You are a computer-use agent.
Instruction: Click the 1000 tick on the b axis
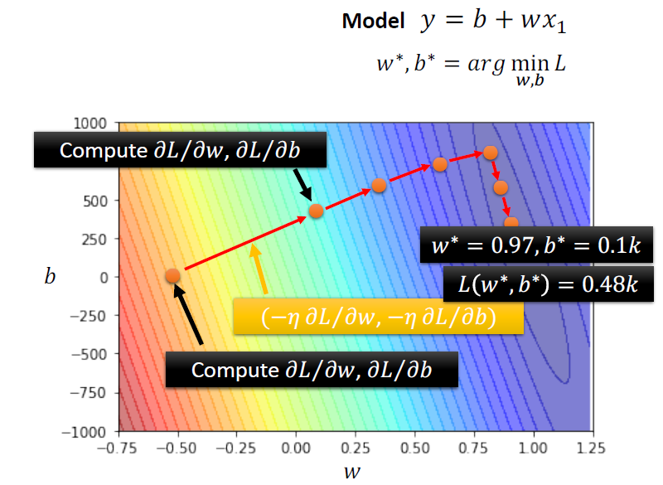tap(97, 123)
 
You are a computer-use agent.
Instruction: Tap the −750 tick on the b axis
tap(94, 392)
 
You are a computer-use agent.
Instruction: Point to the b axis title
tap(50, 276)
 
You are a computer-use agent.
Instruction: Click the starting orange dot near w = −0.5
tap(172, 276)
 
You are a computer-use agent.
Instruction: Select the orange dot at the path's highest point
tap(490, 152)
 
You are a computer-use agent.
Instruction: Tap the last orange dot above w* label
tap(511, 222)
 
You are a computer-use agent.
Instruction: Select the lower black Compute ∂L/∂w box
tap(312, 369)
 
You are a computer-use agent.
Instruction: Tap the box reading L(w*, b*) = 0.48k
tap(548, 284)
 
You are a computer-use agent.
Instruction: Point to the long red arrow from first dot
tap(244, 242)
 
